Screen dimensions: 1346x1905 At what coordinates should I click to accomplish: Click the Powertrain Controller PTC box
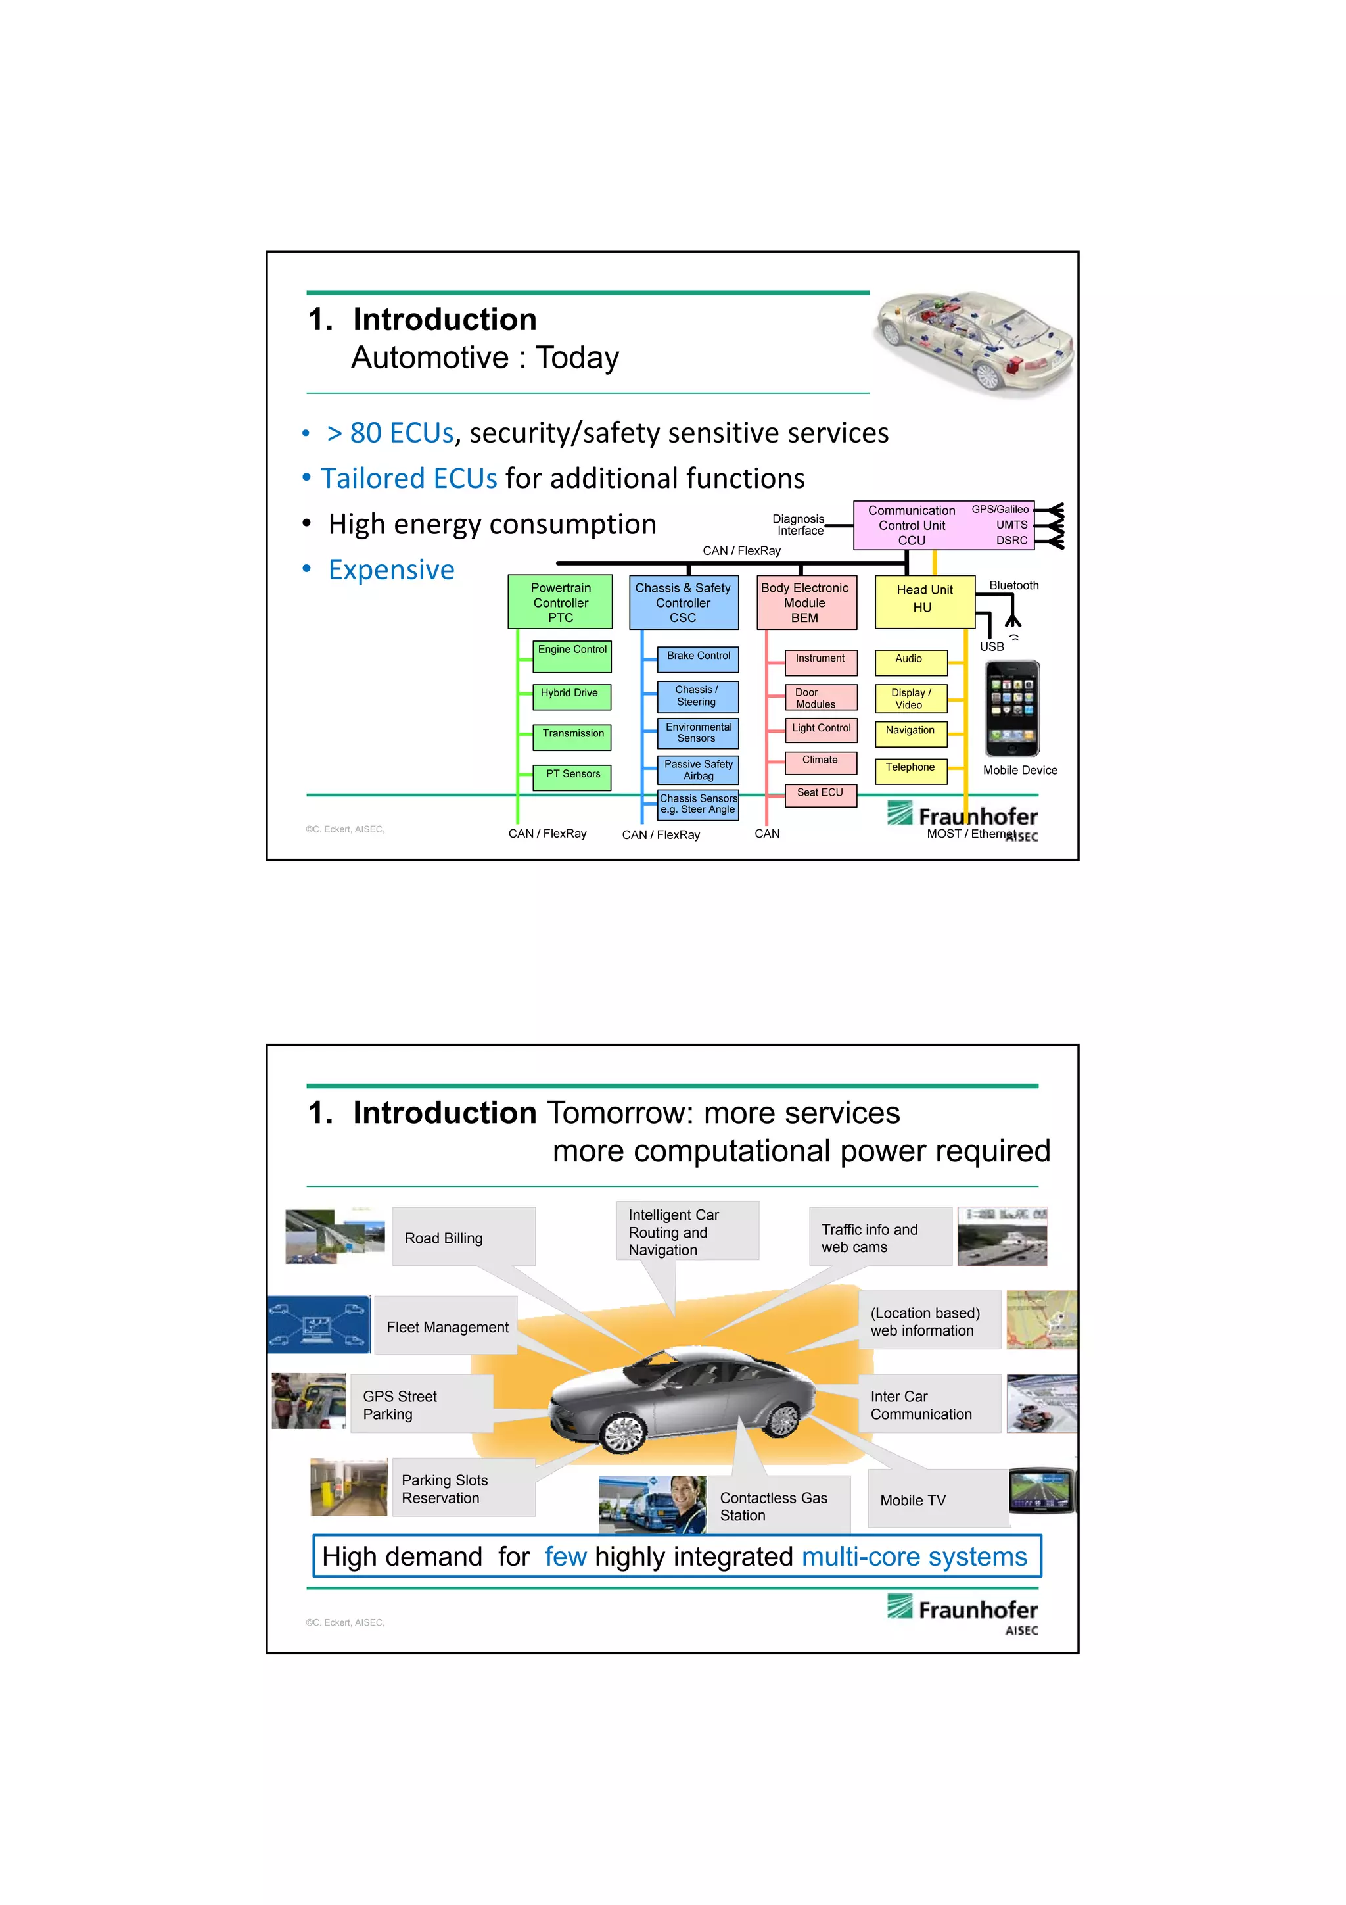(x=560, y=602)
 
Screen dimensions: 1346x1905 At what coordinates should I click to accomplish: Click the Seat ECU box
(x=820, y=795)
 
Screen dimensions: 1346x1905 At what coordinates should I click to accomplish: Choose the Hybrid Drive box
(x=570, y=695)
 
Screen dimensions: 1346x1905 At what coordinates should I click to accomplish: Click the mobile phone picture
(x=1011, y=707)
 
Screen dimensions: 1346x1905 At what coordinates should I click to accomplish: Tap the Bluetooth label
(x=1013, y=586)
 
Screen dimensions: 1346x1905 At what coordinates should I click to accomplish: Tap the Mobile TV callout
(x=937, y=1499)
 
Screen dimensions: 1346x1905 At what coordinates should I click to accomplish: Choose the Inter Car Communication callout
(x=929, y=1405)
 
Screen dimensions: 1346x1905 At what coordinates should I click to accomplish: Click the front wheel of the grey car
(x=624, y=1434)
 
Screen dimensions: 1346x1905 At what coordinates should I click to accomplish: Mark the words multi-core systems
(x=914, y=1556)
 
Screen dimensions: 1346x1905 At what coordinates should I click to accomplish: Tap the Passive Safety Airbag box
(x=697, y=770)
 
